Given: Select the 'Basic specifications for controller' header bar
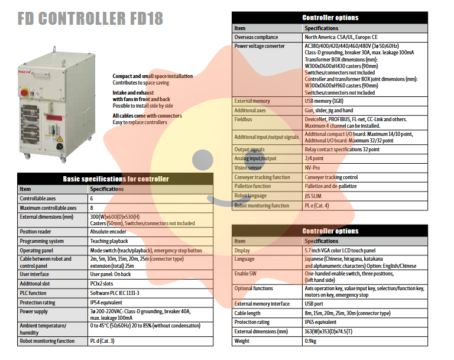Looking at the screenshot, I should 116,179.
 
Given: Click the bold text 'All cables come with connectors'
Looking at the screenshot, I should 147,116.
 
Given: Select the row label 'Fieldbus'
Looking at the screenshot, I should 245,119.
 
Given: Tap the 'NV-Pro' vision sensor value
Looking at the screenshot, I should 313,168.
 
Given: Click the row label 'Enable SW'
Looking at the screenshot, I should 247,274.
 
